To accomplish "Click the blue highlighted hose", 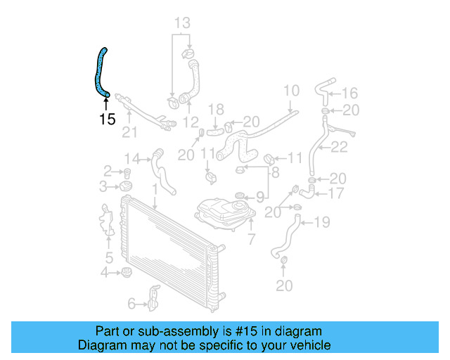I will click(101, 71).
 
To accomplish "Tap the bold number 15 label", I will click(107, 119).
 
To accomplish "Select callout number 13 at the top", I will click(182, 23).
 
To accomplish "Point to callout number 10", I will click(291, 90).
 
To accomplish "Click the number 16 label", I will click(349, 92).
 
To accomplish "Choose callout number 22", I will click(340, 147).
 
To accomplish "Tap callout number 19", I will click(321, 223).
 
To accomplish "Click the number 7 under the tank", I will click(251, 240).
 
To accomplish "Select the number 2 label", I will click(108, 170).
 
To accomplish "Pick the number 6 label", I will click(131, 303).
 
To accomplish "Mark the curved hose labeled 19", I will click(285, 239).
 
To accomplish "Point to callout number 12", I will click(190, 122).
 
